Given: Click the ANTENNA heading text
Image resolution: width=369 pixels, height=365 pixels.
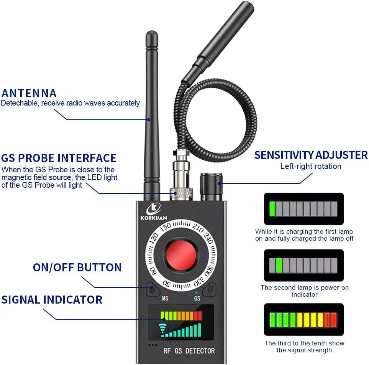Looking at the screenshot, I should point(29,93).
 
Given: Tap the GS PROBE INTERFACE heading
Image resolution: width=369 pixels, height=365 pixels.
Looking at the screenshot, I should point(59,158).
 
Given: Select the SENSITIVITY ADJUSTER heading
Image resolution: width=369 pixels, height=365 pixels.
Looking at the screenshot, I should point(311,155).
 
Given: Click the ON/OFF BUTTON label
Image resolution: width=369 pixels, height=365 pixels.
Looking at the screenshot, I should point(77,267).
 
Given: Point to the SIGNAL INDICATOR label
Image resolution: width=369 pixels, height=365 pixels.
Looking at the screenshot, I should point(52,299).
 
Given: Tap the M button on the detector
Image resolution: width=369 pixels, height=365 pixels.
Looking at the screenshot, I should point(152,290).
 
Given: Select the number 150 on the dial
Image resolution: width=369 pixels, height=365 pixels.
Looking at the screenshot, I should point(165,227).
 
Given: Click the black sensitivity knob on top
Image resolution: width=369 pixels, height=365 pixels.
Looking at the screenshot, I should point(211,187).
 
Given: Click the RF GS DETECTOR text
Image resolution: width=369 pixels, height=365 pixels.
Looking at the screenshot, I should point(189,350).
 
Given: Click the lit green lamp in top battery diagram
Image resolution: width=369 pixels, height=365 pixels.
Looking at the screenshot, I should point(272,208).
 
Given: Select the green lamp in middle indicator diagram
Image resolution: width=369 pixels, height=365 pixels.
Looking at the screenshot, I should point(279,265).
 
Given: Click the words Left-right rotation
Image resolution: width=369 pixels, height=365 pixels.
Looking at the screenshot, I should point(310,166).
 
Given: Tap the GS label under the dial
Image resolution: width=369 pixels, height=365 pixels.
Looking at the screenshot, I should point(197,298).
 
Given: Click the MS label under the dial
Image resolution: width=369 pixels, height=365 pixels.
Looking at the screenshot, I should point(165,298).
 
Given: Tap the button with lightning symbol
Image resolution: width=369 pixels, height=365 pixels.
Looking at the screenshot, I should point(210,290).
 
